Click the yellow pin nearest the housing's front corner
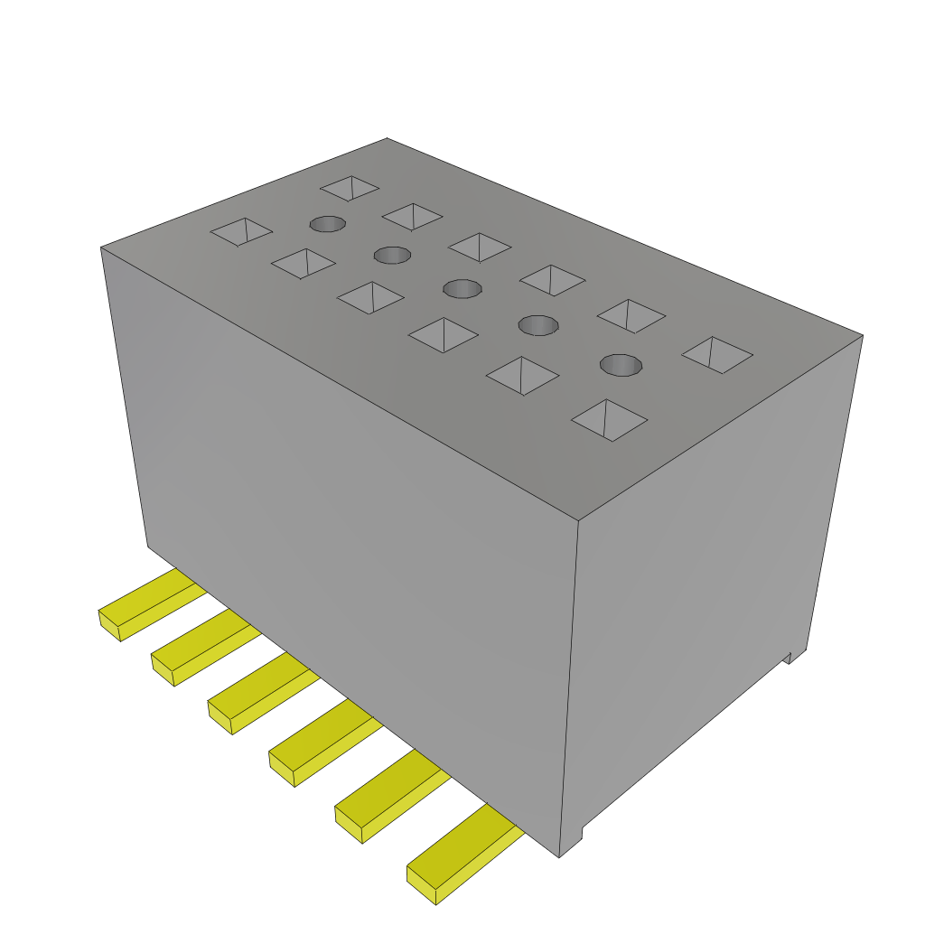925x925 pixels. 461,857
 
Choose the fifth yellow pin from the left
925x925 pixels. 388,795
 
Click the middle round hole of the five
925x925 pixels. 462,288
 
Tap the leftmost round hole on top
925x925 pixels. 327,223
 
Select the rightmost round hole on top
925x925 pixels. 621,365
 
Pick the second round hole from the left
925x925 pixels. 393,255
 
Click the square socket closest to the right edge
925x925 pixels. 717,354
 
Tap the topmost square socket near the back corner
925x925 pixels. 350,188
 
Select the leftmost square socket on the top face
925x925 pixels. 241,231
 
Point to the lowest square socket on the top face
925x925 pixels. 610,420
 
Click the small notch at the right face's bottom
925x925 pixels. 794,656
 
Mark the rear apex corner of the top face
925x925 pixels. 387,138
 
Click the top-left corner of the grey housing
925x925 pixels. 100,248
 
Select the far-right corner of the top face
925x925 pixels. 863,335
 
